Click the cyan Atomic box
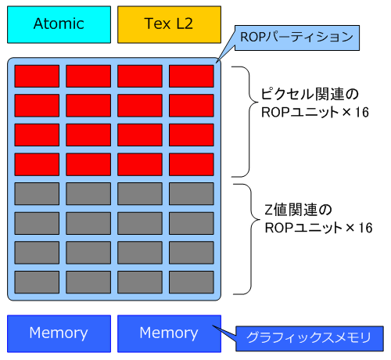59,25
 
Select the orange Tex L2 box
169,25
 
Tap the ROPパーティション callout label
297,38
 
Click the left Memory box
59,333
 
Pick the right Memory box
169,333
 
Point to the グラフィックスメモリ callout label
310,338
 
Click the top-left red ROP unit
37,76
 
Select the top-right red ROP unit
192,76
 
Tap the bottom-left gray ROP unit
37,282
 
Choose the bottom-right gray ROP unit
192,282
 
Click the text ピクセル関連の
310,94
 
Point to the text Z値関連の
298,210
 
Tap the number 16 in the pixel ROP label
362,113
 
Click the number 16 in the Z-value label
365,228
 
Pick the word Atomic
59,23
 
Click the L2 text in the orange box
185,23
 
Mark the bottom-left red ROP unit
37,164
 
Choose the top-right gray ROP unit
192,194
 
